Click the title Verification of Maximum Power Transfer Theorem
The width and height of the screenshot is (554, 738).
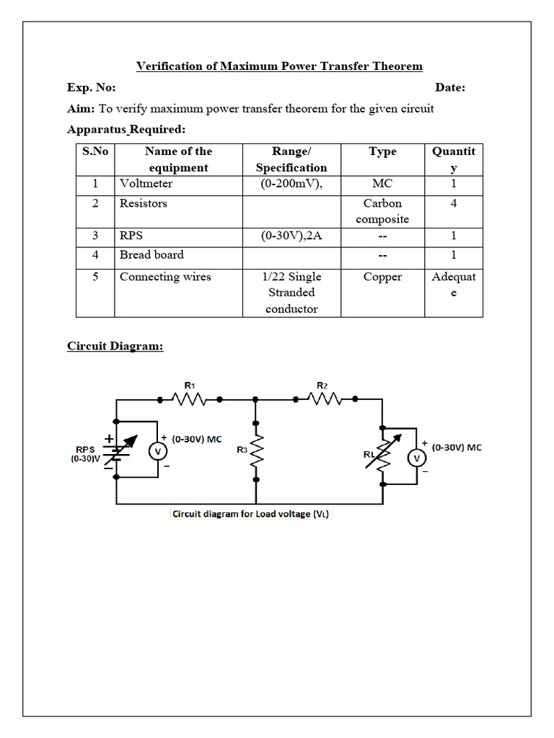[279, 66]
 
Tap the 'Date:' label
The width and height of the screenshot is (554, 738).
[450, 87]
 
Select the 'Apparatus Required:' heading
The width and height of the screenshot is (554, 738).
[126, 130]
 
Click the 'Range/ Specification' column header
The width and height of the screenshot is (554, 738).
[291, 159]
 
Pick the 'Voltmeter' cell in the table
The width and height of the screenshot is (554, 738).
[146, 184]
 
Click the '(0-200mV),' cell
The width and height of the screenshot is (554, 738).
[291, 184]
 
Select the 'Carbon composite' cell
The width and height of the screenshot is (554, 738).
[382, 211]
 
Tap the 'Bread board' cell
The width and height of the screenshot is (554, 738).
[151, 254]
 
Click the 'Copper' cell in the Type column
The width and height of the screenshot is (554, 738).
[382, 277]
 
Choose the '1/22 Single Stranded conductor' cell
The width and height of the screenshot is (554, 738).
[291, 293]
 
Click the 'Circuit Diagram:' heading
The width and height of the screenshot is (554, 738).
[115, 346]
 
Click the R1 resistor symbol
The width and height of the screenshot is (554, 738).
[190, 399]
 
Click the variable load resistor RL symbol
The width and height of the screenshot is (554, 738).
[384, 454]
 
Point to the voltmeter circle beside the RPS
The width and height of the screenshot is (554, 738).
[157, 451]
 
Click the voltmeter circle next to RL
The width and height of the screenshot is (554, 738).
[415, 458]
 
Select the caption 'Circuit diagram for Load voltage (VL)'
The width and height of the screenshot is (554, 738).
[251, 515]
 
